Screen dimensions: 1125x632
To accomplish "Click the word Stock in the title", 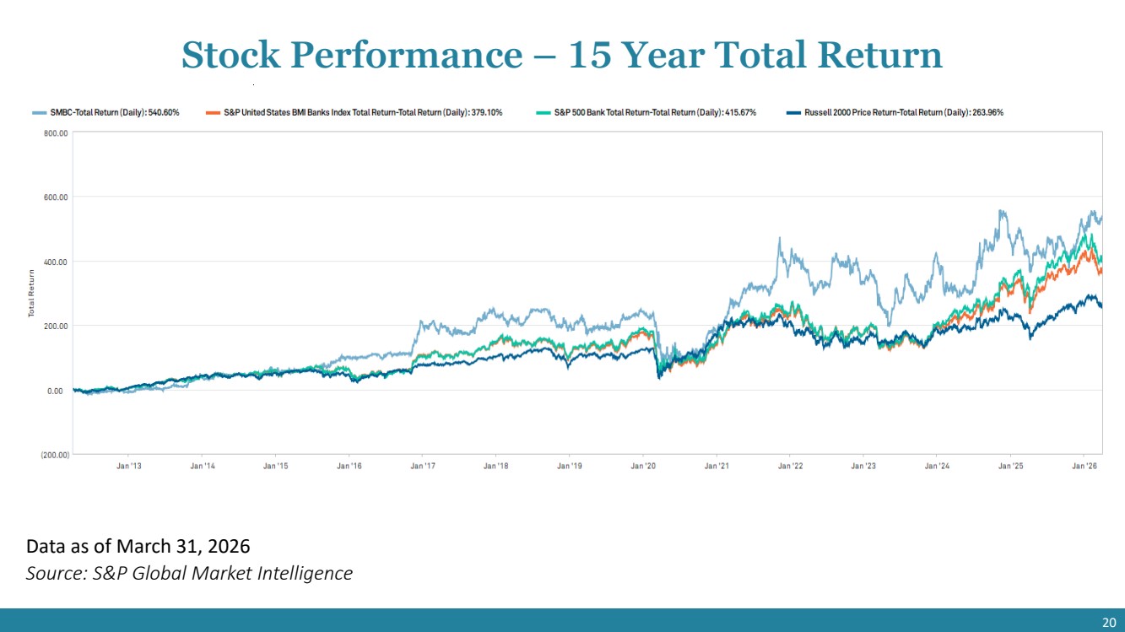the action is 230,54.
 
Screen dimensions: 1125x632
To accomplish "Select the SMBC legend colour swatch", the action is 39,112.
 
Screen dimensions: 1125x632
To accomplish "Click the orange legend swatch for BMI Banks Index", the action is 213,112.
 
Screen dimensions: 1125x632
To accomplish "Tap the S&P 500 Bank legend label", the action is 655,112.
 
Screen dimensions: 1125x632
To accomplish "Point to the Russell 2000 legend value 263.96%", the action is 987,112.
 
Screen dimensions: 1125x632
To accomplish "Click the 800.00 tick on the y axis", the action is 56,133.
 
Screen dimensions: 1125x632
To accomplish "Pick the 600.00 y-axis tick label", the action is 56,197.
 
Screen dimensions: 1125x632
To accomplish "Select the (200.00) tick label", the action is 55,455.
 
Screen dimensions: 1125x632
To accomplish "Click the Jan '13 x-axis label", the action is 129,466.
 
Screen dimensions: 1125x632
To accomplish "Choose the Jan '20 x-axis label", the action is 643,466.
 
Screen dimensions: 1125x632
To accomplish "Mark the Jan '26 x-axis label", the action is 1084,466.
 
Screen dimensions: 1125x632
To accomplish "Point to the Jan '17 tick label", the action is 423,466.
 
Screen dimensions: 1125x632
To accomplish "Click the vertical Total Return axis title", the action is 31,293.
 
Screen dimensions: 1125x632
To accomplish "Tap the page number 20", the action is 1109,623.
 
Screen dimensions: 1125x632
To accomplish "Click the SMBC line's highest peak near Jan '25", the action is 1000,210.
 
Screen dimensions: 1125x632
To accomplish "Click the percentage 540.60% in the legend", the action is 164,112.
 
